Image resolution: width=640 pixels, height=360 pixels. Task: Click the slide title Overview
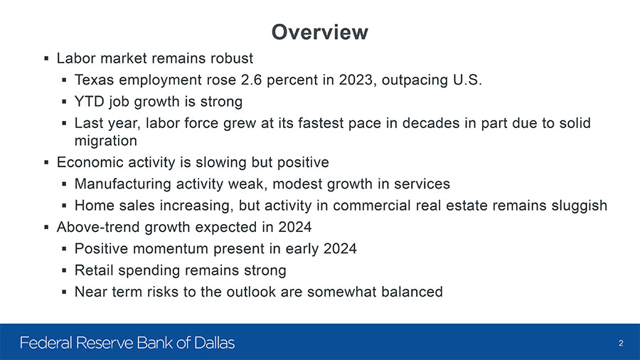(x=319, y=32)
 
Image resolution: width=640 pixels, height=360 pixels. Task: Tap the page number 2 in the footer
(x=621, y=343)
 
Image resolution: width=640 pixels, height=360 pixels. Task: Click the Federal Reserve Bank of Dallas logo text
(x=127, y=342)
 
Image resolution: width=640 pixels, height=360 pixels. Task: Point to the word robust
(x=231, y=58)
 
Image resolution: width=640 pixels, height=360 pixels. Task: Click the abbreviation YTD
(x=90, y=101)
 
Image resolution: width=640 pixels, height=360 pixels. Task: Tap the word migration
(x=106, y=141)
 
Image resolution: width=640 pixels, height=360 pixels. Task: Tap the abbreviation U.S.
(x=467, y=80)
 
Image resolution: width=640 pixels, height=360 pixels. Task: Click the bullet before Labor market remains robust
(x=46, y=59)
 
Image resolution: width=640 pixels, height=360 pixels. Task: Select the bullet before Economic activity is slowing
(x=46, y=163)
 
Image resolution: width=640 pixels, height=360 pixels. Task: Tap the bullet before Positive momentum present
(x=64, y=248)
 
